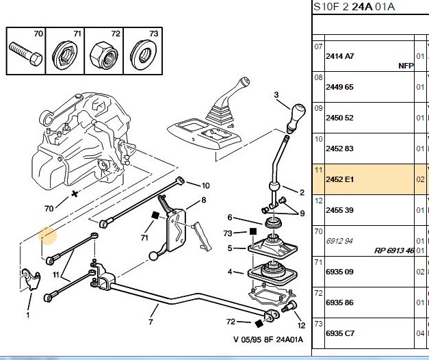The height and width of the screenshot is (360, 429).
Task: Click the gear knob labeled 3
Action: tap(296, 116)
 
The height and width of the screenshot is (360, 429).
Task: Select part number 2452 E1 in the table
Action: tap(339, 179)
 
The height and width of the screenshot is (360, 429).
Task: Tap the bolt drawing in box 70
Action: tap(25, 53)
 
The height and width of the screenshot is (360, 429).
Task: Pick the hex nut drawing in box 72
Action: tap(104, 55)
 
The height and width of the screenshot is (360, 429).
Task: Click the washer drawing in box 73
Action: tap(143, 54)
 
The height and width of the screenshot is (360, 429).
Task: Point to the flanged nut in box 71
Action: tap(65, 55)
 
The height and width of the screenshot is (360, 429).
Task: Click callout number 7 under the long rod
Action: tap(151, 322)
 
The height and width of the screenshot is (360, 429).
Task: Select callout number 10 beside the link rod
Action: tap(205, 185)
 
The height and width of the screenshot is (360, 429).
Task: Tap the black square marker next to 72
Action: tap(259, 324)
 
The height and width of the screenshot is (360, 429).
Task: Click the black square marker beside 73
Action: tap(253, 232)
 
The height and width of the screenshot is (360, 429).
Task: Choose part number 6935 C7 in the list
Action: tap(340, 333)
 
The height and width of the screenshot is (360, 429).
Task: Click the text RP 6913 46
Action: tap(393, 250)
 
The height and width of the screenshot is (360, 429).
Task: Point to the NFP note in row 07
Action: tap(406, 66)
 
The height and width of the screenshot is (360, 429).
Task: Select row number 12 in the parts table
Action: tap(318, 201)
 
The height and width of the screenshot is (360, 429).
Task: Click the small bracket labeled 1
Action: tap(30, 279)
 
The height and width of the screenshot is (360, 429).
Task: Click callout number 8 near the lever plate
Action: tap(204, 200)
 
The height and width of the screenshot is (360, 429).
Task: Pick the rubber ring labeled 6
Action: tap(273, 222)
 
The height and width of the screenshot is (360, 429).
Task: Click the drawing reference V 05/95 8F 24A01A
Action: tap(268, 339)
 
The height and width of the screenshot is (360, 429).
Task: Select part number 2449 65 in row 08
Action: tap(339, 87)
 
